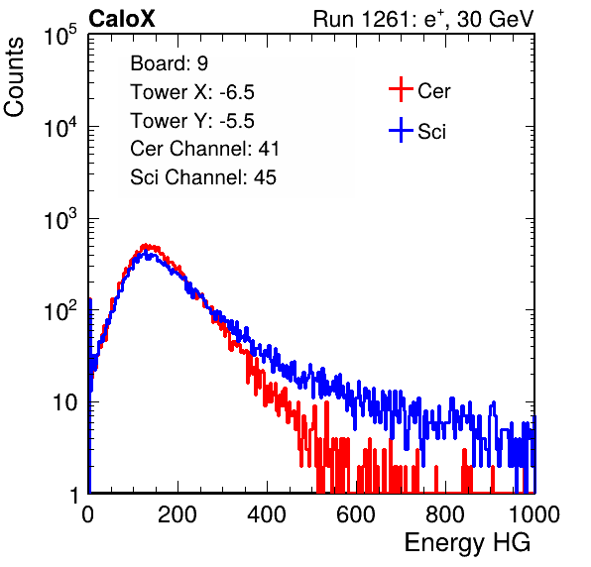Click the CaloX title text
(x=121, y=19)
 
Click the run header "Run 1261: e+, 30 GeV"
(x=423, y=19)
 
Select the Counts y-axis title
(x=14, y=77)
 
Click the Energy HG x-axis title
(x=467, y=543)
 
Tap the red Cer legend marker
(x=401, y=89)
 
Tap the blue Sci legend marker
(x=401, y=130)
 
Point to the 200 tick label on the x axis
(x=177, y=514)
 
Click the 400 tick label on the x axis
(x=267, y=514)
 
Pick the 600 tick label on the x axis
(x=356, y=514)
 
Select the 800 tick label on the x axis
(x=445, y=514)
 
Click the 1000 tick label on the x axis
(x=534, y=514)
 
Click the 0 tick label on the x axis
(x=88, y=514)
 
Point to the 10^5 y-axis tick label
(x=60, y=35)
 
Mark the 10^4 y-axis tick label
(x=60, y=127)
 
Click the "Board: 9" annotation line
(x=170, y=63)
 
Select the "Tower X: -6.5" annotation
(x=192, y=92)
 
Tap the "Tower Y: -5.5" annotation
(x=192, y=121)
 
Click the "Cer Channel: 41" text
(x=204, y=149)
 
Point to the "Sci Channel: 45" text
(x=203, y=177)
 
